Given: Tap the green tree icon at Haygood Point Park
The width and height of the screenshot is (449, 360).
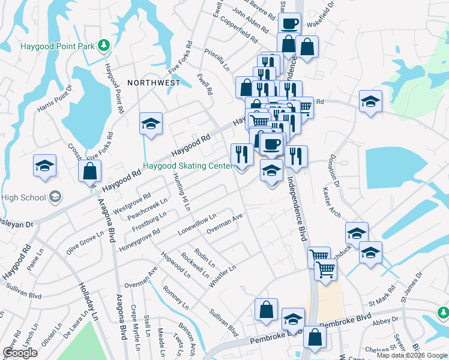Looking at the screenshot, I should pyautogui.click(x=104, y=45).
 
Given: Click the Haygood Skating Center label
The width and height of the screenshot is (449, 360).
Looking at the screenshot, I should pyautogui.click(x=187, y=166).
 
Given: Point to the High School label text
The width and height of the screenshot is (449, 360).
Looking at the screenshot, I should pyautogui.click(x=24, y=197).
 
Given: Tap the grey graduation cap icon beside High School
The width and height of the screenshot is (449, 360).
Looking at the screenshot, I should pyautogui.click(x=55, y=197).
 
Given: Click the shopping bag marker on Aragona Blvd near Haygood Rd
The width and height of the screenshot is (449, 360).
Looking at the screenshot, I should pyautogui.click(x=89, y=171).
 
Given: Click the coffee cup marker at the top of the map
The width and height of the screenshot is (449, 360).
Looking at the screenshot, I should pyautogui.click(x=289, y=23).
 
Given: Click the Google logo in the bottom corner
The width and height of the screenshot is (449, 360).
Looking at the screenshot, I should pyautogui.click(x=20, y=353).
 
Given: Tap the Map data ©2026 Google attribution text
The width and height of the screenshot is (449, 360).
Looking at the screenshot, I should pyautogui.click(x=411, y=355).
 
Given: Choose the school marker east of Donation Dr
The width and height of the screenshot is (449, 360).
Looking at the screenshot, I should pyautogui.click(x=370, y=101).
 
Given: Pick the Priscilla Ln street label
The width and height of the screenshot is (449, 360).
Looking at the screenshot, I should pyautogui.click(x=217, y=61).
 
